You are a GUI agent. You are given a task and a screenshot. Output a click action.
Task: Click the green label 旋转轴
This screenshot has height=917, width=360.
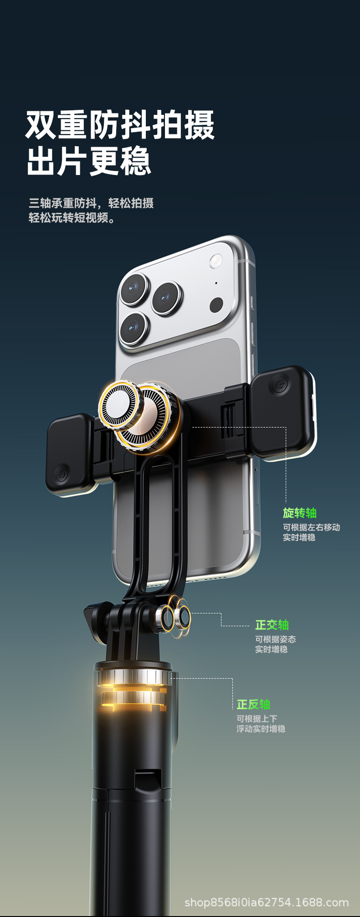pos(299,513)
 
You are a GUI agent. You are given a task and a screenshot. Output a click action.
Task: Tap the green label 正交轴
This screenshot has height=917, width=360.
pos(272,625)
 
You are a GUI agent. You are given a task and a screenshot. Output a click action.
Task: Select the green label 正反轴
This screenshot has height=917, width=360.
pos(253,705)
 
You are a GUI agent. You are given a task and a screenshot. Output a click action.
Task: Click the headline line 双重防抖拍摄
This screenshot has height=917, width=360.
pos(120,124)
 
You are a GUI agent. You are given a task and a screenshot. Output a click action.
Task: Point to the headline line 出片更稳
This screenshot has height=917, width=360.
pos(88,161)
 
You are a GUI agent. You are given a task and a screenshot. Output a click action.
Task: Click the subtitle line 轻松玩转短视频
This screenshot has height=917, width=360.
pos(72,218)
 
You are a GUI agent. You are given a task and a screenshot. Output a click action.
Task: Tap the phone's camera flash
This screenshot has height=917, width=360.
pos(216,261)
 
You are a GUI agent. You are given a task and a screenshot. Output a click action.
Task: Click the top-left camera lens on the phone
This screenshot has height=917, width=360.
pos(135,288)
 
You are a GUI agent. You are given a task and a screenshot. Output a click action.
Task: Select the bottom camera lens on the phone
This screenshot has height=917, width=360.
pos(134,328)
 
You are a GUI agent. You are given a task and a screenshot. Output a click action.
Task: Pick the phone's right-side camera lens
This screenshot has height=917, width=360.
pos(167,298)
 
